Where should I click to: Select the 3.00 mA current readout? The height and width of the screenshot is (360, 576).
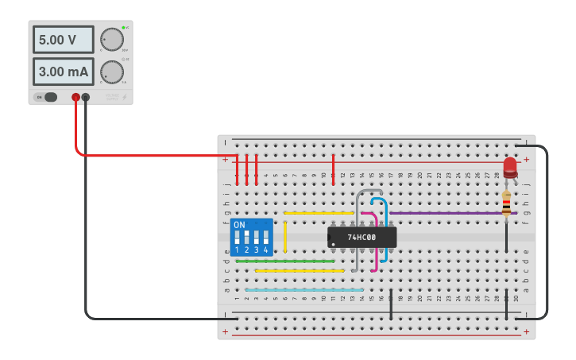click(63, 72)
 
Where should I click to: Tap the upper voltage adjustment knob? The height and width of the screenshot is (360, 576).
click(112, 39)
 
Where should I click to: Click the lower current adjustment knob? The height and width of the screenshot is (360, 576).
click(112, 72)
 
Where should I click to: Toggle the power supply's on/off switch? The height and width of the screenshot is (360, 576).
click(49, 97)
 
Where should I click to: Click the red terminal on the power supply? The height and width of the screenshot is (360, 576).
click(75, 98)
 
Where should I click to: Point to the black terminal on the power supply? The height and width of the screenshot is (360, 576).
click(86, 98)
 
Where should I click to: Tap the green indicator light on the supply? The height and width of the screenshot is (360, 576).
click(124, 28)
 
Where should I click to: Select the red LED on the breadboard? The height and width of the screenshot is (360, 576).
click(509, 167)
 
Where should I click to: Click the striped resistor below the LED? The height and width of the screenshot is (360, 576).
click(506, 205)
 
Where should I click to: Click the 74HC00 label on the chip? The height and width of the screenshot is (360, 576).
click(361, 237)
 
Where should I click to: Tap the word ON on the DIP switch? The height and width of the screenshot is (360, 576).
click(239, 225)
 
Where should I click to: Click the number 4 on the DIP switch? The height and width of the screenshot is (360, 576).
click(266, 250)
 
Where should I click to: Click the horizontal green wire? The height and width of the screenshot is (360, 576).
click(284, 261)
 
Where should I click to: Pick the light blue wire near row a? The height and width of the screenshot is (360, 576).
click(303, 290)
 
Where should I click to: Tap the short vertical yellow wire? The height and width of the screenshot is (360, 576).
click(285, 237)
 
